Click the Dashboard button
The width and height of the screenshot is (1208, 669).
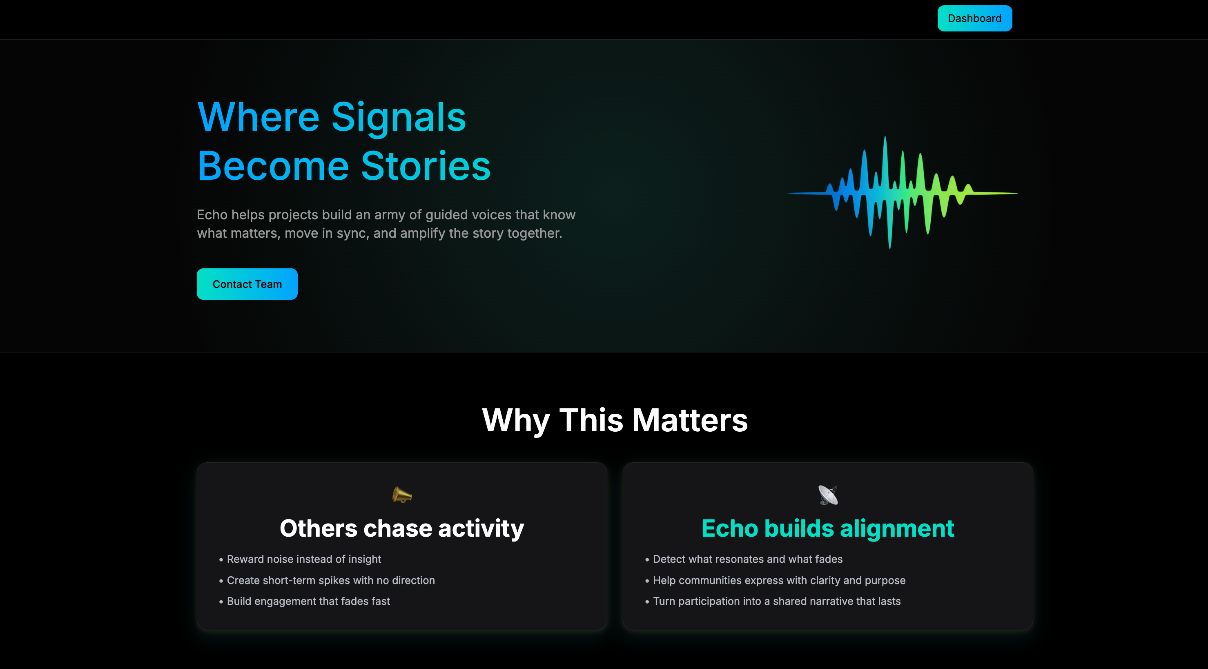974,18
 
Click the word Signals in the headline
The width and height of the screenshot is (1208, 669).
399,117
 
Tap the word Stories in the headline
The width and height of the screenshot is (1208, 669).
426,166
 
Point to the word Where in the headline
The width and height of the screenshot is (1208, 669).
259,117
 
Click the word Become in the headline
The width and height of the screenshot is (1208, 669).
273,166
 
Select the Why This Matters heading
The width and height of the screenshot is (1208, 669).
615,420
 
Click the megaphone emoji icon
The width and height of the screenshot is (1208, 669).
402,495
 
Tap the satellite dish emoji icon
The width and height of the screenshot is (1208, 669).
828,495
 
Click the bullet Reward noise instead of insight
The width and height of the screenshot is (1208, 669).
304,559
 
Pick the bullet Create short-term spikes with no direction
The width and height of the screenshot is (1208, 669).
331,580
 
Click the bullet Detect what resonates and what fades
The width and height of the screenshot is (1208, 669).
747,559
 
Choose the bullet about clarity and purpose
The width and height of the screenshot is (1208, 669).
779,580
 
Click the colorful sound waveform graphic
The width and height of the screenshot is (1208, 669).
902,192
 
